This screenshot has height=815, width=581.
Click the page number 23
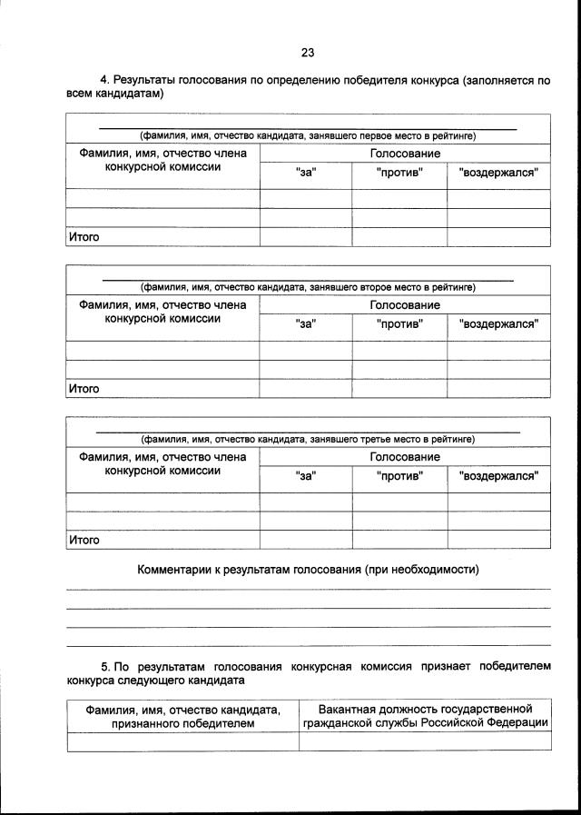[x=307, y=52]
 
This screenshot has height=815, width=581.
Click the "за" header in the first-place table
[x=306, y=173]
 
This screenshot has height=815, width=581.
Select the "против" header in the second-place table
[x=399, y=323]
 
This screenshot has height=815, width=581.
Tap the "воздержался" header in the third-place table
[x=498, y=475]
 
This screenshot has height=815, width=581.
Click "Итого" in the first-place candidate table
[x=84, y=237]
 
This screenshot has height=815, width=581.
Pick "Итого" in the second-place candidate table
[x=84, y=389]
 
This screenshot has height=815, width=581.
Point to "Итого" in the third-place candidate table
[x=84, y=540]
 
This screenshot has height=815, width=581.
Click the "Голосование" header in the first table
[x=405, y=154]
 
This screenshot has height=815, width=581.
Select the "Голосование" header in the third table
[x=405, y=456]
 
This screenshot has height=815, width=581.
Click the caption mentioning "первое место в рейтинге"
[x=308, y=136]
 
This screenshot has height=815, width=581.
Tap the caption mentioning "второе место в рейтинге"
[x=308, y=288]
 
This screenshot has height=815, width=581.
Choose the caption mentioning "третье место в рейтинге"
[x=308, y=439]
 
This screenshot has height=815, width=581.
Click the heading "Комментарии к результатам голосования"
[x=308, y=570]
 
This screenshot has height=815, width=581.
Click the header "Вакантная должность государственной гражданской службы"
[x=425, y=715]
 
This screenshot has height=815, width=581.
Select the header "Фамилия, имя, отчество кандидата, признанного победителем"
[x=183, y=715]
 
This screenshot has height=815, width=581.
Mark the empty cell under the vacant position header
[x=425, y=740]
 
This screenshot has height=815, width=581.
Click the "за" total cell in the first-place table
[x=306, y=237]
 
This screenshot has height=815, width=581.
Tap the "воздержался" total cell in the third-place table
[x=498, y=540]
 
